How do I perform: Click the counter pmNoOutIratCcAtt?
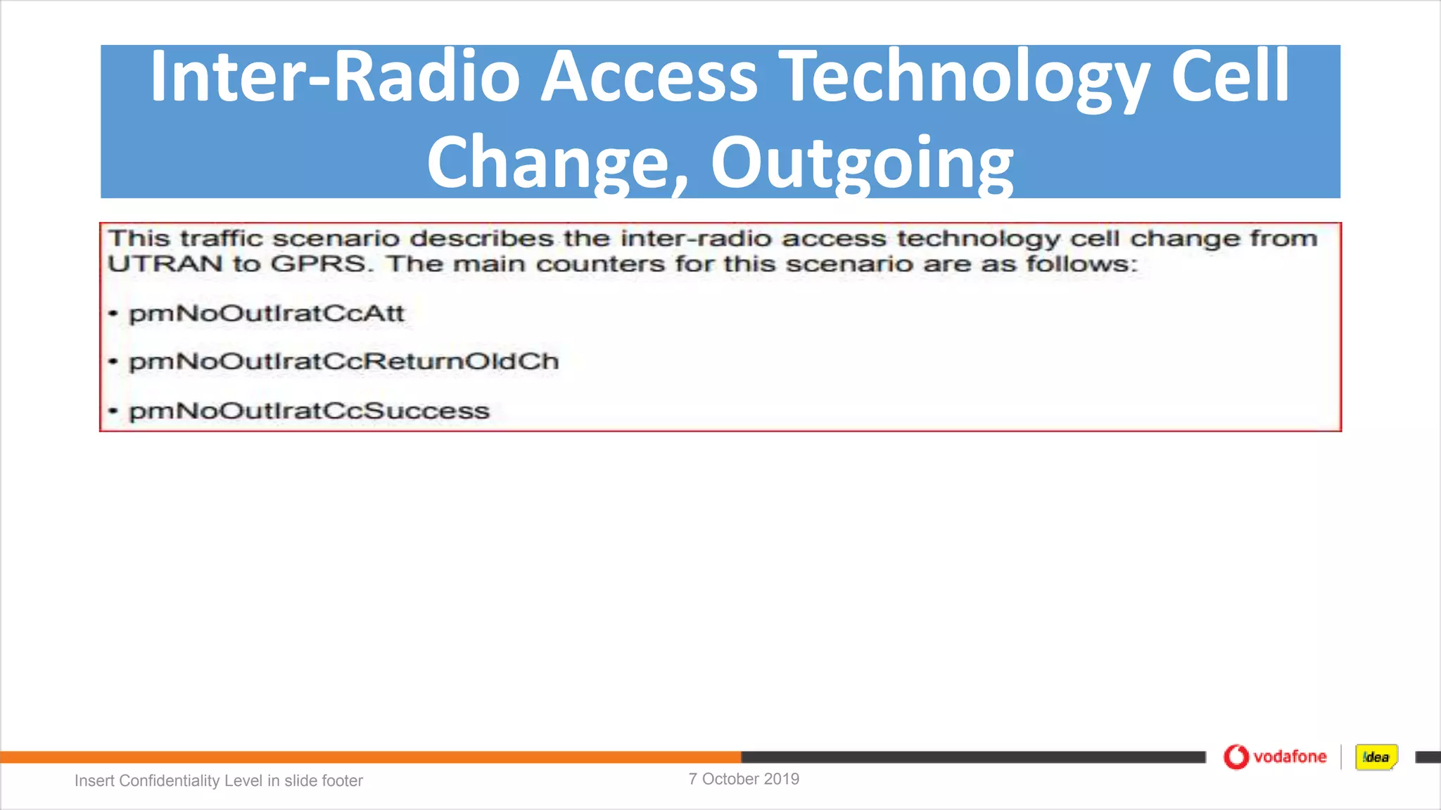pyautogui.click(x=267, y=314)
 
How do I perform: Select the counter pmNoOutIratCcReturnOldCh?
pyautogui.click(x=343, y=362)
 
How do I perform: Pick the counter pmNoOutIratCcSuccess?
pyautogui.click(x=309, y=411)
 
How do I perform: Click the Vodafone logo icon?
pyautogui.click(x=1236, y=757)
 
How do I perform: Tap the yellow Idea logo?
pyautogui.click(x=1376, y=757)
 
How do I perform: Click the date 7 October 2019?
pyautogui.click(x=744, y=779)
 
